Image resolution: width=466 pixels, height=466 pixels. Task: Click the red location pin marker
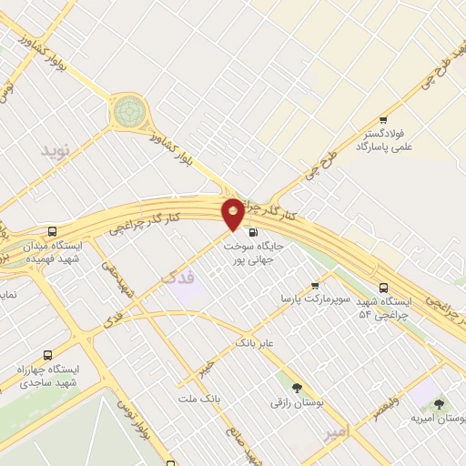pyautogui.click(x=233, y=214)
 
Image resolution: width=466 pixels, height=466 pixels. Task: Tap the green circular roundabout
pyautogui.click(x=127, y=112)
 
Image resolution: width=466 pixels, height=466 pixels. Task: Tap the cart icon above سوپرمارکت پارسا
pyautogui.click(x=315, y=284)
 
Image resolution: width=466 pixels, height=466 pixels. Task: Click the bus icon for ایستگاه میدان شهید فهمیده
pyautogui.click(x=52, y=231)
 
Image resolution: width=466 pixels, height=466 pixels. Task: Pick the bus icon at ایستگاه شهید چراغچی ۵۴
pyautogui.click(x=383, y=284)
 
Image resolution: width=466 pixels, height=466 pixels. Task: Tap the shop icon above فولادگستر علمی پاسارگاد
pyautogui.click(x=383, y=120)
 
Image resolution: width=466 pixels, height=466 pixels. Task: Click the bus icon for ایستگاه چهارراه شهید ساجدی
pyautogui.click(x=47, y=355)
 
